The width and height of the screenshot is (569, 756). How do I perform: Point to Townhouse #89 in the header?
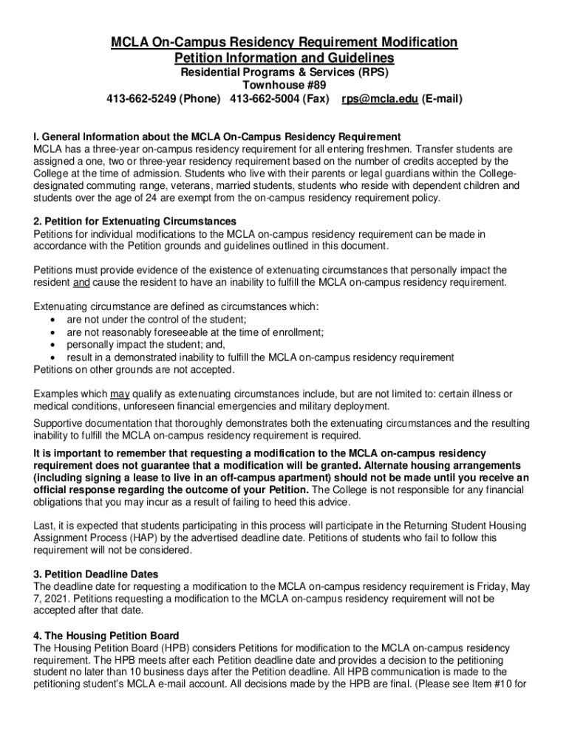point(284,86)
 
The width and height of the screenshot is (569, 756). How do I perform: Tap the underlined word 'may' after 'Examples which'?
point(119,394)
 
